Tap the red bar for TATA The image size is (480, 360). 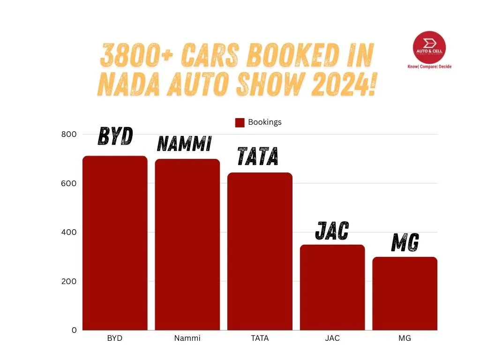pos(260,251)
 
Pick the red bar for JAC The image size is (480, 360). pos(332,287)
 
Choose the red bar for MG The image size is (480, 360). pos(405,293)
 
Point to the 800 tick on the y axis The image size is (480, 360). pos(69,135)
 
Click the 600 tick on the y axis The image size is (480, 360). pos(69,183)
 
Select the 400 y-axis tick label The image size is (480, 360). pos(69,232)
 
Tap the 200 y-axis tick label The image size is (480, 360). pos(69,281)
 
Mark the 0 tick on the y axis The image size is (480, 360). pos(74,330)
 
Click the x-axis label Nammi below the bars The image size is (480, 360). pos(187,338)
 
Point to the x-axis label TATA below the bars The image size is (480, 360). pos(260,338)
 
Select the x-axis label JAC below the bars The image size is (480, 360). pos(332,338)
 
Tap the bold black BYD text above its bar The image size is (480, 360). pos(115,136)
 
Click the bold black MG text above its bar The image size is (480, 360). pos(405,242)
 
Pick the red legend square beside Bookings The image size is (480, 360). pos(240,122)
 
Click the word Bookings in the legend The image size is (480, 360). pos(265,122)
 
